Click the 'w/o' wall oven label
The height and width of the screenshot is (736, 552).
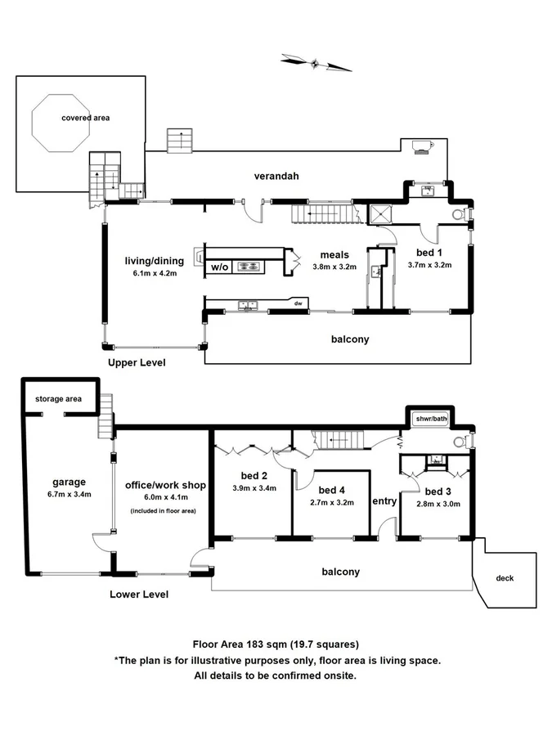(x=220, y=267)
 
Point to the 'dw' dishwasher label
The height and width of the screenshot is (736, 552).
(x=299, y=304)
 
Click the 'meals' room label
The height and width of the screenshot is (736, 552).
(x=334, y=255)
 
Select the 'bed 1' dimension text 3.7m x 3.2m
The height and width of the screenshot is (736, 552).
(x=429, y=266)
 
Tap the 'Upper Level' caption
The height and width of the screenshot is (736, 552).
(x=137, y=361)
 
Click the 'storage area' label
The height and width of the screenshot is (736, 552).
(x=58, y=399)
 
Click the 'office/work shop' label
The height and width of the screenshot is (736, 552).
(x=164, y=485)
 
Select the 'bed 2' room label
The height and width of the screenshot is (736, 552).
(x=254, y=476)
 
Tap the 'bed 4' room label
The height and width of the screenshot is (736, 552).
(x=332, y=490)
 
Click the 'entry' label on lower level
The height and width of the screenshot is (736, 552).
(x=384, y=500)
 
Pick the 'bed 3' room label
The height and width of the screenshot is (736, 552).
(x=438, y=491)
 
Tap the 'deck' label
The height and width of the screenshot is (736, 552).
(x=505, y=578)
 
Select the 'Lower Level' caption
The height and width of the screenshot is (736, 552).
(x=139, y=595)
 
